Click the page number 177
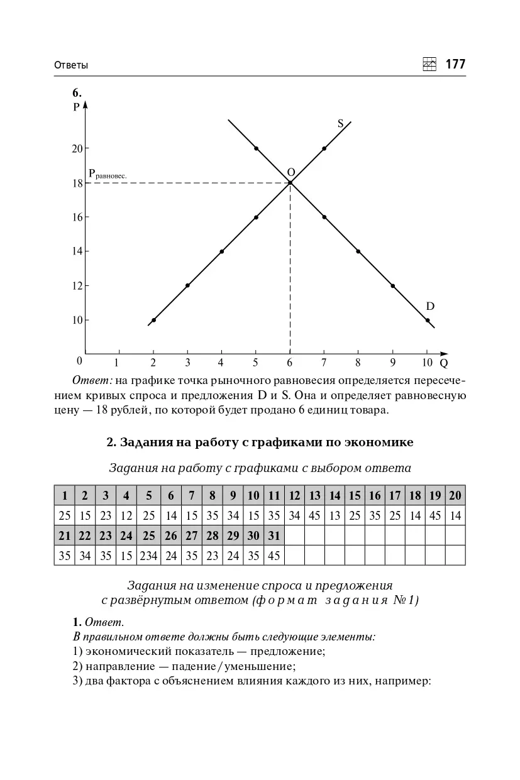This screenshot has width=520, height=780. (455, 64)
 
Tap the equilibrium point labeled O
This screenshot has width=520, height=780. (290, 183)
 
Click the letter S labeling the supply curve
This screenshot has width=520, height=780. (340, 124)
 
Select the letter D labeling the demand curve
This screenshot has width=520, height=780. (430, 307)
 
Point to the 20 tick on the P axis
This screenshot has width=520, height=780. (77, 148)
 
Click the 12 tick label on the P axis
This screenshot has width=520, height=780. (77, 285)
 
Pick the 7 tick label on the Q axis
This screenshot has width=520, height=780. (324, 363)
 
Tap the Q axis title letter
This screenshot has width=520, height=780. (444, 363)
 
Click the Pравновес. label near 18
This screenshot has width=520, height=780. (108, 173)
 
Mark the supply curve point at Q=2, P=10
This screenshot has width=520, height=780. (153, 320)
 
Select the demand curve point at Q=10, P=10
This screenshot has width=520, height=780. (428, 320)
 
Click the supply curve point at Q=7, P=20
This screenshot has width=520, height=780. (324, 148)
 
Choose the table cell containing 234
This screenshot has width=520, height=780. (149, 556)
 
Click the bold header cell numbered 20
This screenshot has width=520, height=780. (455, 495)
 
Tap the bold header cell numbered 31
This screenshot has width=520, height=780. (274, 536)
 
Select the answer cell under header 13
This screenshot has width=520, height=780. (314, 516)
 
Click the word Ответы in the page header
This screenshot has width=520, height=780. (71, 65)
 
